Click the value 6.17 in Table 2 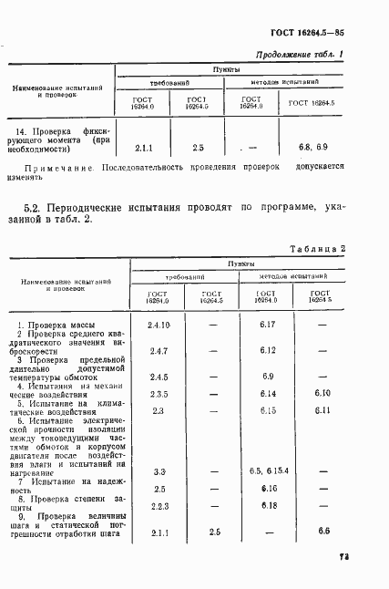pyautogui.click(x=268, y=324)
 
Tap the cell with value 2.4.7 pyautogui.click(x=159, y=350)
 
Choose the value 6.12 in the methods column pyautogui.click(x=268, y=350)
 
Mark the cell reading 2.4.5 pyautogui.click(x=159, y=377)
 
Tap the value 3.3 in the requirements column pyautogui.click(x=159, y=471)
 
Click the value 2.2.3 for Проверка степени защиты pyautogui.click(x=159, y=506)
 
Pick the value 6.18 pyautogui.click(x=268, y=506)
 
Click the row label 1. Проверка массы pyautogui.click(x=55, y=325)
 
